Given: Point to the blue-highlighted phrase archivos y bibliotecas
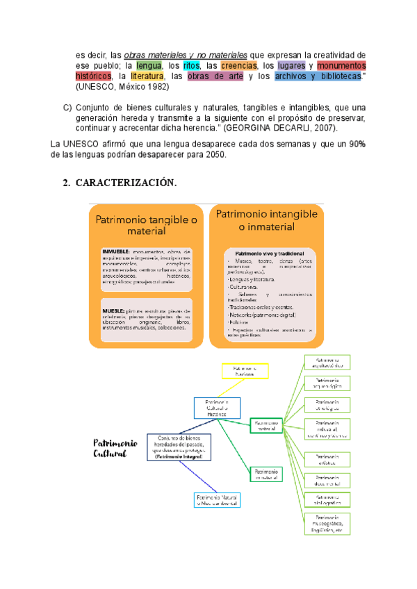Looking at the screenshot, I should (x=318, y=76).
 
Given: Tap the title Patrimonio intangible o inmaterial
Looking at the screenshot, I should (x=266, y=219).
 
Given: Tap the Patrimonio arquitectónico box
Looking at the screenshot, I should (x=327, y=363).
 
